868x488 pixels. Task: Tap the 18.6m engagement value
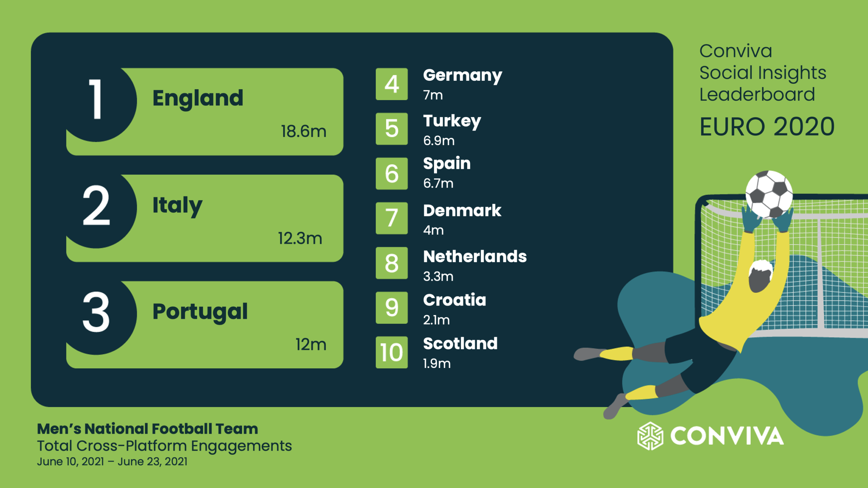click(x=303, y=131)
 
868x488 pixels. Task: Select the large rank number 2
click(x=96, y=206)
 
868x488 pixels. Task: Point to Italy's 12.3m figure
click(x=300, y=238)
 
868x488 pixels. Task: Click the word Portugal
click(x=200, y=312)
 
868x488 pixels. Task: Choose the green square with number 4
click(x=392, y=84)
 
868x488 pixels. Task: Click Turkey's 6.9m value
click(x=439, y=140)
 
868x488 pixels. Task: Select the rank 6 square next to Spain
click(x=392, y=173)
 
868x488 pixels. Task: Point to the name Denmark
click(x=462, y=211)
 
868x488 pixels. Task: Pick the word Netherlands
click(x=475, y=256)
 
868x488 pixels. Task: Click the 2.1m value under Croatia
click(x=436, y=320)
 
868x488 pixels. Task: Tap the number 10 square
click(x=392, y=352)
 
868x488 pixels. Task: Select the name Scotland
click(x=460, y=344)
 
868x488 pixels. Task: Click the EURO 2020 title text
click(x=767, y=127)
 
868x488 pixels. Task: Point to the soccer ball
click(x=769, y=194)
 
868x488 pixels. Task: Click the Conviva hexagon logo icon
click(x=650, y=436)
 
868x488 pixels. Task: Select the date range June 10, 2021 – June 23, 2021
click(x=112, y=462)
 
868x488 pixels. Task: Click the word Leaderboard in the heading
click(x=757, y=94)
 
